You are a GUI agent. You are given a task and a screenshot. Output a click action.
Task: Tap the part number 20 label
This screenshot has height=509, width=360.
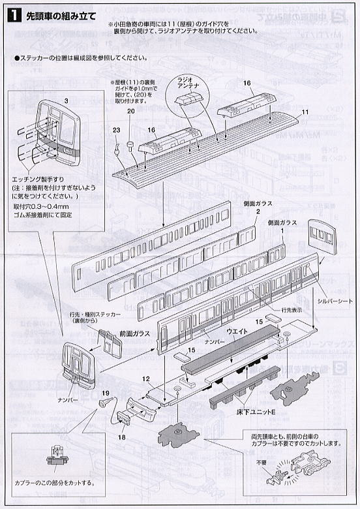coord(130,112)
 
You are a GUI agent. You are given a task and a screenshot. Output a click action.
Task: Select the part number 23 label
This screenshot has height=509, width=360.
coord(116,130)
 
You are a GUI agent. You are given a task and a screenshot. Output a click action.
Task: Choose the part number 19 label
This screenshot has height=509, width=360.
coord(104,393)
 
